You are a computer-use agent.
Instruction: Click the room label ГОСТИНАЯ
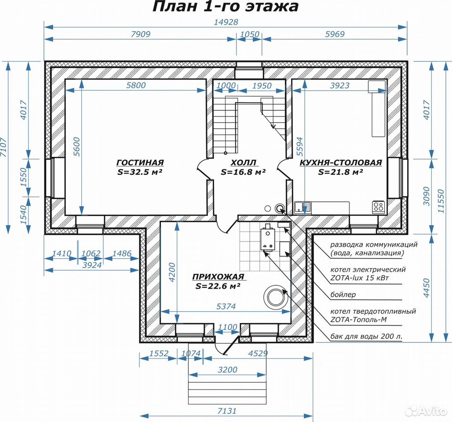click(x=140, y=162)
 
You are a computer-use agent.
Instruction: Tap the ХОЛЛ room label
click(x=244, y=162)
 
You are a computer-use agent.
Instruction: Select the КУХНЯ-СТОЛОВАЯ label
click(x=341, y=162)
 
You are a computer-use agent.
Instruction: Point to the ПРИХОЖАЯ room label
click(x=218, y=277)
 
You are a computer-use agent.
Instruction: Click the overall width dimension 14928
click(x=226, y=22)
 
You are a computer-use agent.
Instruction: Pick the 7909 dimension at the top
click(x=141, y=34)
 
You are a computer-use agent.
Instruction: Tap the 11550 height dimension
click(x=441, y=201)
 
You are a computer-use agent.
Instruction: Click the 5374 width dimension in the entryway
click(x=226, y=306)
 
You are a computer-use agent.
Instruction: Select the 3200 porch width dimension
click(x=227, y=370)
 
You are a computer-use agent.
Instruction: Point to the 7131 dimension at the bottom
click(x=227, y=411)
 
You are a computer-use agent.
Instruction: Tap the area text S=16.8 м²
click(x=243, y=172)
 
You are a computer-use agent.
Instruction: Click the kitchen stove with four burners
click(x=379, y=207)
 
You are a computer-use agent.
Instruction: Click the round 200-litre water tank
click(x=276, y=297)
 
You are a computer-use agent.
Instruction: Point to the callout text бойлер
click(x=343, y=295)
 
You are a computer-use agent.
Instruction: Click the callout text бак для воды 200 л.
click(x=366, y=336)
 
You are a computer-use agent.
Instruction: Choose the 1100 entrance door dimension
click(x=227, y=327)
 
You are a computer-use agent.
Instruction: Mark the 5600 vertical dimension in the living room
click(x=77, y=147)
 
